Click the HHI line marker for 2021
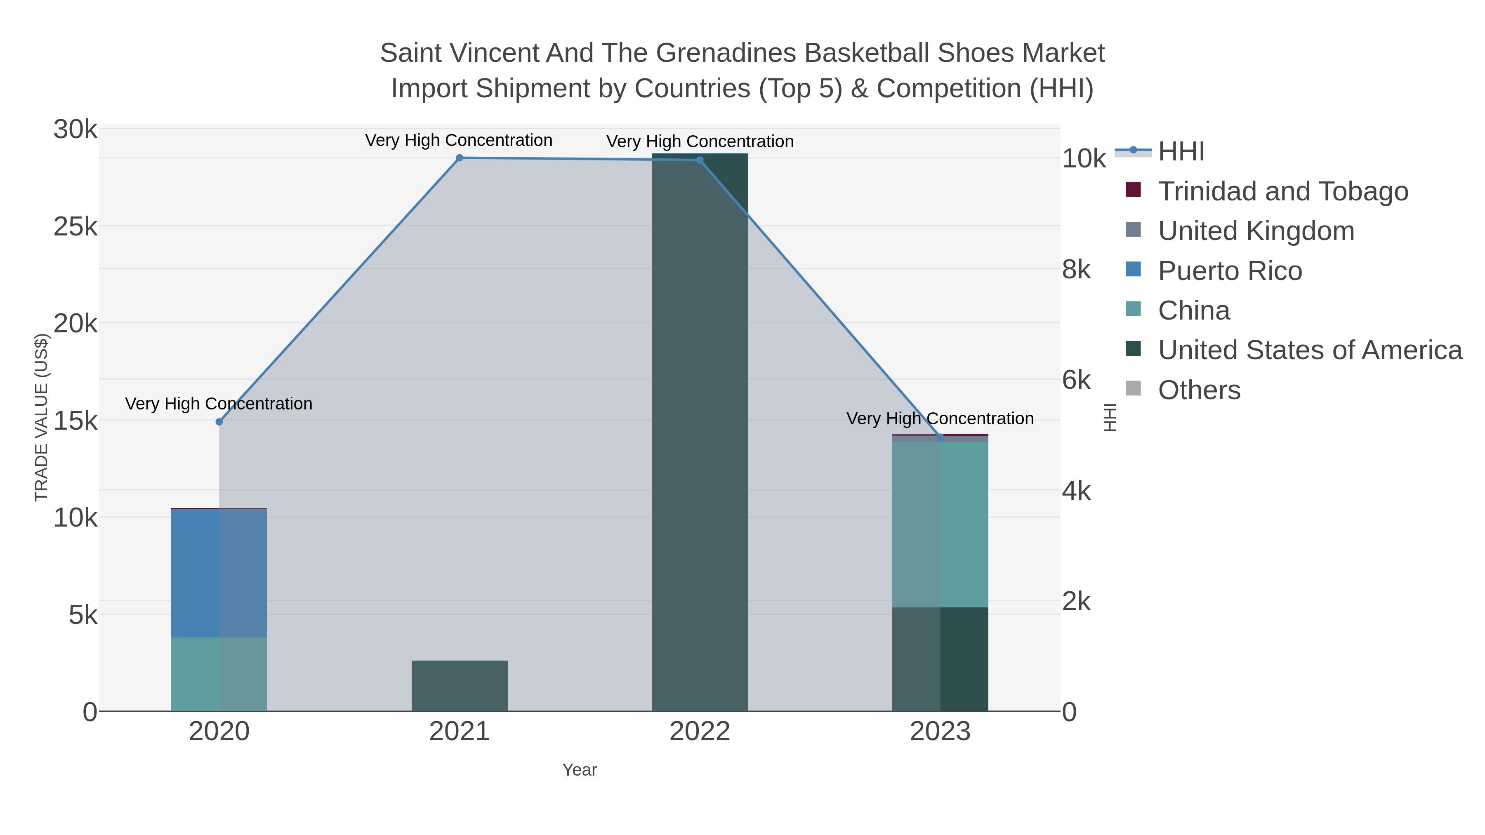pos(460,158)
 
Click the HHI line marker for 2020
pos(219,422)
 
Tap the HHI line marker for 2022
pos(700,160)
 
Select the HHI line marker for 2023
pos(940,437)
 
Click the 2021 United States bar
pos(460,686)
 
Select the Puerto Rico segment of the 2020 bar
pos(219,574)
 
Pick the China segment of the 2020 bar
pos(219,674)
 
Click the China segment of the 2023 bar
pos(940,525)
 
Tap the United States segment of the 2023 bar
pos(940,659)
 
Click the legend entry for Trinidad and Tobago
pos(1282,191)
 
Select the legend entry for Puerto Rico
pos(1230,271)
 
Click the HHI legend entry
pos(1181,152)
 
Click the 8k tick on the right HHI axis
pos(1076,270)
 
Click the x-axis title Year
pos(580,770)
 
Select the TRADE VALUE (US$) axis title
pos(42,417)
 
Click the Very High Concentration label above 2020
pos(219,403)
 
